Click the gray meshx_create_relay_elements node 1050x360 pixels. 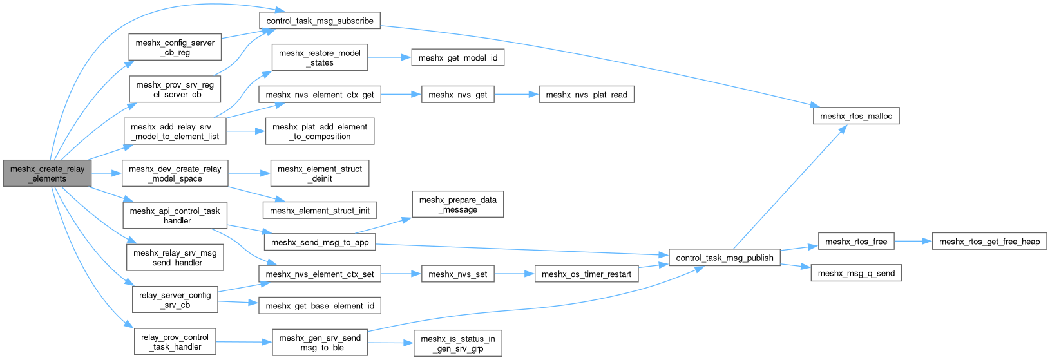click(x=47, y=174)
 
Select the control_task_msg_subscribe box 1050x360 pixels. click(x=320, y=21)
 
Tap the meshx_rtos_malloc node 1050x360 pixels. click(x=855, y=116)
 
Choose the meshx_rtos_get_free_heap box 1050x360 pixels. click(x=989, y=242)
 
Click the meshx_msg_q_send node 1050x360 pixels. click(x=856, y=273)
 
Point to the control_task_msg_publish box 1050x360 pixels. click(x=725, y=258)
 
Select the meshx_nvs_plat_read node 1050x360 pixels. click(x=586, y=95)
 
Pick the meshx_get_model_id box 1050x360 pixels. click(x=457, y=58)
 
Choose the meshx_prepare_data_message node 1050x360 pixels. click(x=457, y=205)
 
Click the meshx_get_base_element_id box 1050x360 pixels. click(x=320, y=306)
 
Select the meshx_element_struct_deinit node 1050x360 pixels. click(x=320, y=173)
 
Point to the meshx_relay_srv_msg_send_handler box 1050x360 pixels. click(x=176, y=258)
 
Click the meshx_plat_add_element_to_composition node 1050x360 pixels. click(x=320, y=131)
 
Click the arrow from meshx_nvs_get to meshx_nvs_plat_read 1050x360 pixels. click(x=516, y=95)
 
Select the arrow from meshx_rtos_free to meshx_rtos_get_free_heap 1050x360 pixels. click(x=913, y=242)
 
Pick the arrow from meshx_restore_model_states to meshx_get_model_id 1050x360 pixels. click(x=389, y=58)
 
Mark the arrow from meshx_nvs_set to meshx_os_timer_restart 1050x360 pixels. click(x=515, y=274)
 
